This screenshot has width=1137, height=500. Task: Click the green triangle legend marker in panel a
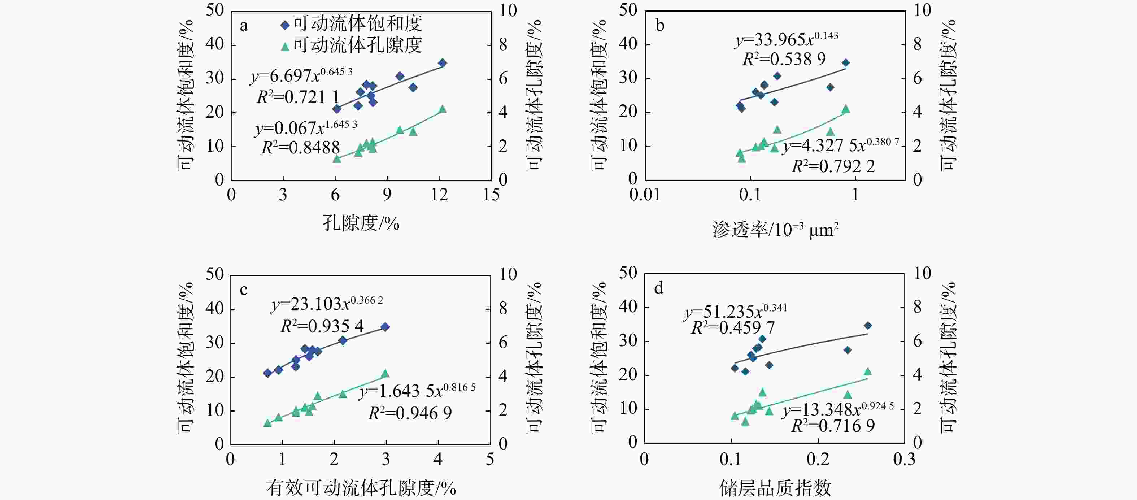click(x=285, y=46)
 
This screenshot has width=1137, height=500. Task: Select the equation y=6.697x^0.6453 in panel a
click(x=302, y=76)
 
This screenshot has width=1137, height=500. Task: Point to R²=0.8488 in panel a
click(x=301, y=147)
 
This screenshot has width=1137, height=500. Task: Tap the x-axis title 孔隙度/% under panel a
click(x=361, y=223)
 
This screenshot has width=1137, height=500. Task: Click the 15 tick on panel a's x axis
click(x=491, y=195)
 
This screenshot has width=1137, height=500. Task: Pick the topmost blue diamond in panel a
click(x=442, y=63)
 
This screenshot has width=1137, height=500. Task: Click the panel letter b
click(x=660, y=26)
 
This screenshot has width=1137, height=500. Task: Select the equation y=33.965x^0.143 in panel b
click(x=787, y=40)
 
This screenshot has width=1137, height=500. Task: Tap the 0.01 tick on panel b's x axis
click(x=645, y=195)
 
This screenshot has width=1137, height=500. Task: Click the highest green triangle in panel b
click(x=846, y=109)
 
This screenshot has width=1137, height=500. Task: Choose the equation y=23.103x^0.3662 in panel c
click(x=327, y=304)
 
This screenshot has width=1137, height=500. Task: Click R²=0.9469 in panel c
click(x=410, y=413)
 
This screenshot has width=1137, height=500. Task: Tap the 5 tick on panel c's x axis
click(x=490, y=460)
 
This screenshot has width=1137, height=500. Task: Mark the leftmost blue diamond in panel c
click(x=267, y=373)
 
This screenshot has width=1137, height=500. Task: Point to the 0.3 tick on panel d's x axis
click(x=904, y=460)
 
